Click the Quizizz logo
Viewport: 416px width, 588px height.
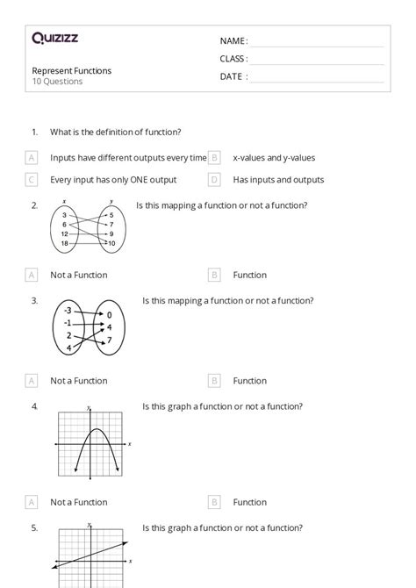(x=54, y=38)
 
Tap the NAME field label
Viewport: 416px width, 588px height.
(x=233, y=41)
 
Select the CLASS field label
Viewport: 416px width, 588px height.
(x=233, y=59)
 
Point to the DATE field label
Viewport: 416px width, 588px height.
(x=233, y=76)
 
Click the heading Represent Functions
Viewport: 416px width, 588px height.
(x=72, y=70)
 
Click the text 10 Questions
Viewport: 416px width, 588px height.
(x=58, y=82)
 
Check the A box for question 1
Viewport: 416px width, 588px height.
(x=32, y=158)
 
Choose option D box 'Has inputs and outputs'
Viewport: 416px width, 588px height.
(x=214, y=180)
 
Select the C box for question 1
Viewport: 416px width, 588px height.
(x=32, y=180)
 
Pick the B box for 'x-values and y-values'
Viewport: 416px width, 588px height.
(x=214, y=158)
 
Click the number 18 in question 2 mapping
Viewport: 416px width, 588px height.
(x=65, y=243)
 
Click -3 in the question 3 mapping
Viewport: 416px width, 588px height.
(x=68, y=310)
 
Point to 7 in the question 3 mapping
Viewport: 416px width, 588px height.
(x=109, y=340)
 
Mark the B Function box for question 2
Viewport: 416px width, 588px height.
(x=214, y=275)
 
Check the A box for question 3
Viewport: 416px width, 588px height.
(x=32, y=381)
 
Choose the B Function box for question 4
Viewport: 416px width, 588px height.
(x=214, y=502)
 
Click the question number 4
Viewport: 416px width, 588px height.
(x=34, y=406)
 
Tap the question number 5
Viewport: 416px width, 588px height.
(x=34, y=527)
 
